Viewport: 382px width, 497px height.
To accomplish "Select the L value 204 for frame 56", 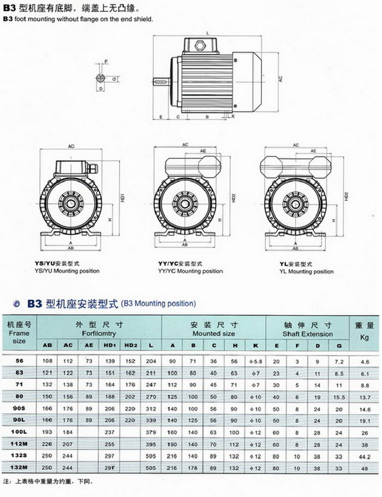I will [151, 361].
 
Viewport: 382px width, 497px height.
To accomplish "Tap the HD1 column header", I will [109, 346].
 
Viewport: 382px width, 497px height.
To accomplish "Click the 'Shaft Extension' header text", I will [308, 334].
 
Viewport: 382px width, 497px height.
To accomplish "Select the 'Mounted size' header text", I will [213, 333].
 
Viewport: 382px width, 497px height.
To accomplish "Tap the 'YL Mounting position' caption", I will [306, 271].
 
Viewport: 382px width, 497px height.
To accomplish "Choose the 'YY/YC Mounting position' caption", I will [190, 271].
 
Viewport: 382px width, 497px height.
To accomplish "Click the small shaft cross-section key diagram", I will [102, 78].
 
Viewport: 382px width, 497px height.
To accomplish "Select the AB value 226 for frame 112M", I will [46, 444].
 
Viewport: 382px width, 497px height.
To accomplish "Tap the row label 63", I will [19, 373].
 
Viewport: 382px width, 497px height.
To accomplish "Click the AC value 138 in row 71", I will [68, 385].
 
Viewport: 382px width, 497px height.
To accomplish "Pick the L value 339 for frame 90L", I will [151, 420].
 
